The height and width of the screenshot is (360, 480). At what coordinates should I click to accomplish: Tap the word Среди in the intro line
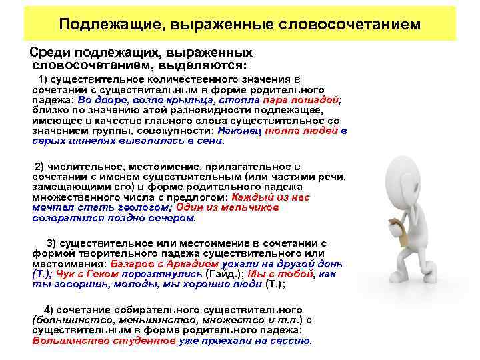click(48, 52)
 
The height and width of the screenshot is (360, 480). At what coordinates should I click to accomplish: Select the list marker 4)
click(51, 310)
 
